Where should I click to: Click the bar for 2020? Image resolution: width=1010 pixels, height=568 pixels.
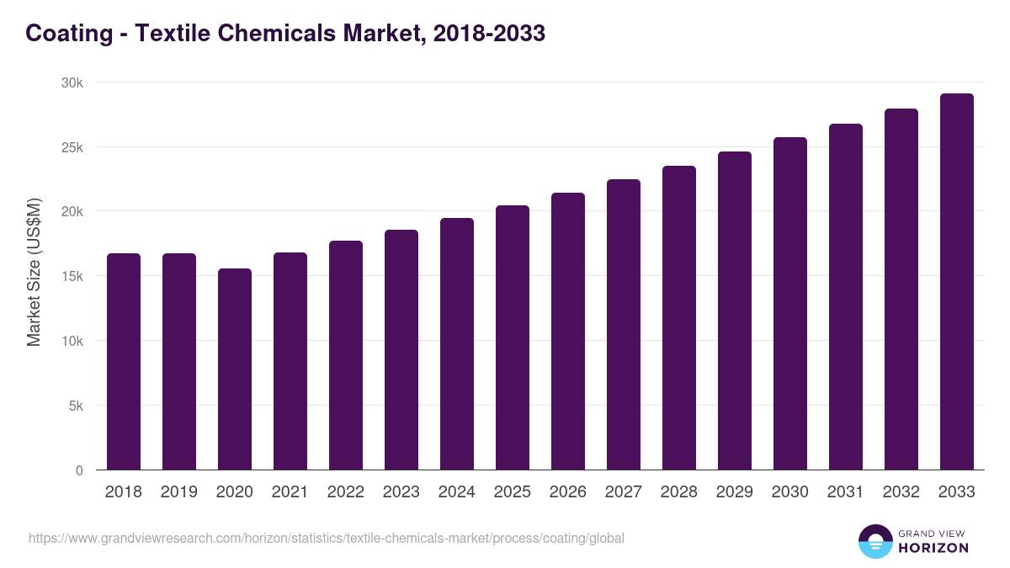235,369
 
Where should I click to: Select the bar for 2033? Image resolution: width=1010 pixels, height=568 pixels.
957,282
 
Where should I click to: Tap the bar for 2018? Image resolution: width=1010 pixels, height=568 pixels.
124,362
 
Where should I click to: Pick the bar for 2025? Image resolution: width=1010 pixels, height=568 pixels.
513,337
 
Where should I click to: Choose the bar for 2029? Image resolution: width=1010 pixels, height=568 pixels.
735,311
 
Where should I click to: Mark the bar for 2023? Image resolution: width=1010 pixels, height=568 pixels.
401,350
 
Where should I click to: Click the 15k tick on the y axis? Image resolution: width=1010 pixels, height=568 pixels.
73,276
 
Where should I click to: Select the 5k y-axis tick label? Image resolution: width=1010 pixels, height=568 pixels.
77,406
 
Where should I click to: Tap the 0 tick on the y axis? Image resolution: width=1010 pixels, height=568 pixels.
79,470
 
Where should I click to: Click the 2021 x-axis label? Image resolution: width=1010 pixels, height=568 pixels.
290,492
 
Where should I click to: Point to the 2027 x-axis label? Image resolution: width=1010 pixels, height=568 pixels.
624,492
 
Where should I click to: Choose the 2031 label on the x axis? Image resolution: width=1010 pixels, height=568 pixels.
846,492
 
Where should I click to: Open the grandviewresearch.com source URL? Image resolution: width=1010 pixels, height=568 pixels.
327,538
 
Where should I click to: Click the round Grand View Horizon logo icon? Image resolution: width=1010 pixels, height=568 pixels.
874,541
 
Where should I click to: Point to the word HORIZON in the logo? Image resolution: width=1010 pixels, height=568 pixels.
933,548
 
